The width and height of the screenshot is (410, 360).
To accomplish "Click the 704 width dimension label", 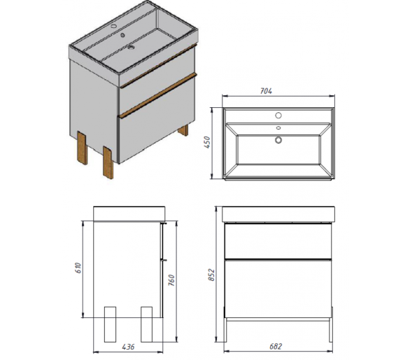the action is click(x=266, y=91).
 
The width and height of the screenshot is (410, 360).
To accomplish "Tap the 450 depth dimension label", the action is click(x=207, y=142).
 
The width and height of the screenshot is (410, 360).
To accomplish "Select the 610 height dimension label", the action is click(x=78, y=268).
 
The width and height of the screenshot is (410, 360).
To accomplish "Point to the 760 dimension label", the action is click(x=171, y=280).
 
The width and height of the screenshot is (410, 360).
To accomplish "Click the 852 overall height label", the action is click(x=211, y=275).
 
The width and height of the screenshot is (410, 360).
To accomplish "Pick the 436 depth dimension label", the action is click(x=128, y=347).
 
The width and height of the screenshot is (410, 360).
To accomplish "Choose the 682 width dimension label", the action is click(x=276, y=347).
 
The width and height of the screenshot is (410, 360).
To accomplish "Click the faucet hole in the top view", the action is click(x=278, y=115).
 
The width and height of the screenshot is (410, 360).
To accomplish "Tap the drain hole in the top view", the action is click(x=278, y=140).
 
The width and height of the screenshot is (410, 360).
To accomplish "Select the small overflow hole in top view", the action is click(x=278, y=127).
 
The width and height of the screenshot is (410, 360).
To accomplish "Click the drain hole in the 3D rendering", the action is click(x=130, y=48).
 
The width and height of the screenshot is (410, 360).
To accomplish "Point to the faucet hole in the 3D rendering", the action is click(x=114, y=26).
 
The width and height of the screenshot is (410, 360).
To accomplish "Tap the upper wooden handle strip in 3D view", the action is click(x=159, y=65).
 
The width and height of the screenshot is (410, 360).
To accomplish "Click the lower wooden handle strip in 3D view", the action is click(x=157, y=95).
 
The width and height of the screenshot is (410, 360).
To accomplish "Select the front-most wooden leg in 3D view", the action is click(x=108, y=162).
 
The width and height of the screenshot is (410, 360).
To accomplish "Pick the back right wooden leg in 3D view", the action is click(x=183, y=130).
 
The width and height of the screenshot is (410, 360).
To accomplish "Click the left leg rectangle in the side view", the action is click(x=110, y=324).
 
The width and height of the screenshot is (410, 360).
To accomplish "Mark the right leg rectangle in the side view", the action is click(x=146, y=324).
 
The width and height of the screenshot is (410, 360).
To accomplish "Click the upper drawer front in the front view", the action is click(x=278, y=241).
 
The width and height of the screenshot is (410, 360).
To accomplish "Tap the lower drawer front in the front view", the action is click(x=278, y=289).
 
